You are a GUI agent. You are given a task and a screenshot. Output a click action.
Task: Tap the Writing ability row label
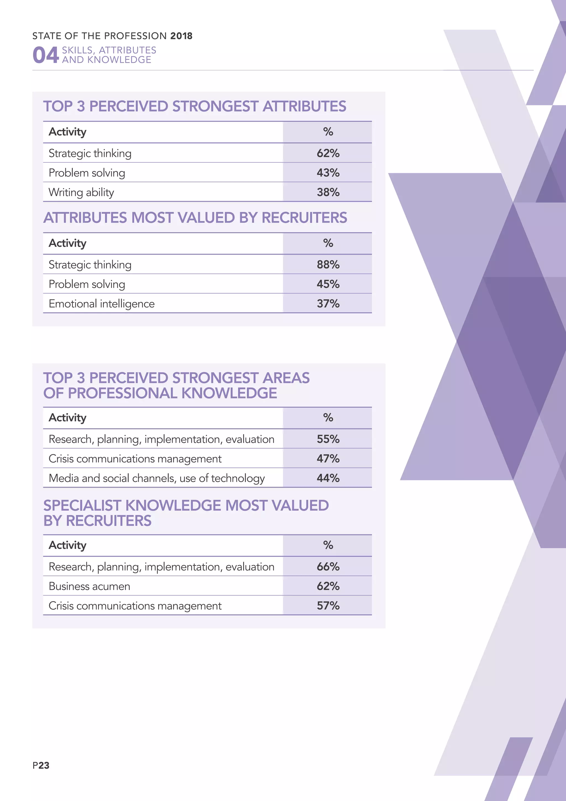pos(81,192)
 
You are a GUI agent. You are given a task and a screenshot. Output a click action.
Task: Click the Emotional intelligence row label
pos(101,303)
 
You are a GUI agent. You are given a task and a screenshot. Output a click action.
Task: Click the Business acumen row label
pos(89,586)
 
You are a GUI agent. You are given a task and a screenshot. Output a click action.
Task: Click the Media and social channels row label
pos(156,478)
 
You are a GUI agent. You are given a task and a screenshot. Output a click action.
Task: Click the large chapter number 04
pos(45,55)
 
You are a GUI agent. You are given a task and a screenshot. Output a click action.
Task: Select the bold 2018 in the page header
pos(181,36)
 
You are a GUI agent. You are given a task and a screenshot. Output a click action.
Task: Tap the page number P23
pos(41,765)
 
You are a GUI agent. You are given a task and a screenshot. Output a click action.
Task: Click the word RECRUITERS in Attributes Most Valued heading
pos(304,218)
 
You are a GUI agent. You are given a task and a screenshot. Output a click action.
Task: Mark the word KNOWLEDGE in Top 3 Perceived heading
pos(229,393)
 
